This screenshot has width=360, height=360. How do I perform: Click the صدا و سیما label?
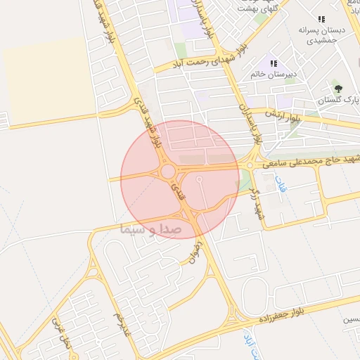151,229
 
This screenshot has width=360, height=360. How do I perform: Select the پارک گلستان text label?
338,101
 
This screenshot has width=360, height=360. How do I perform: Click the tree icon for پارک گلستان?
338,89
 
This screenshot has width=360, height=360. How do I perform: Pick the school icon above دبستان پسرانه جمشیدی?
321,20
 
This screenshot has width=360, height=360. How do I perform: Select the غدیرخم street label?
124,322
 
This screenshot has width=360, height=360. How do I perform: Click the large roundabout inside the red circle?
168,172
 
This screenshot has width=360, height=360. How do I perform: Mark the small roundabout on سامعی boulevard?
250,165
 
